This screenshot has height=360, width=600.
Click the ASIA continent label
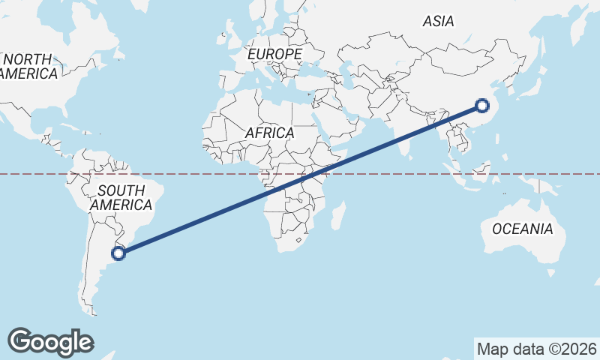[438, 22]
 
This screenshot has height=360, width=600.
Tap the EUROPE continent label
[274, 55]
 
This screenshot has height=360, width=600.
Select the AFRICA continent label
[269, 133]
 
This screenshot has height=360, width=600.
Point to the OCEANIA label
[522, 229]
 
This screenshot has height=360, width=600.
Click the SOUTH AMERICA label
[120, 197]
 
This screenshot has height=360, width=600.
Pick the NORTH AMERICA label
[28, 66]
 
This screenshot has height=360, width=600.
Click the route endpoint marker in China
[481, 106]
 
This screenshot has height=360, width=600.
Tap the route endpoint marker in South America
[118, 253]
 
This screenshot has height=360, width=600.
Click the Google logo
[50, 342]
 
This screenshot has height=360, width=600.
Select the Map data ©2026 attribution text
[536, 349]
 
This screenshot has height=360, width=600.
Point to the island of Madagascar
[338, 215]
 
